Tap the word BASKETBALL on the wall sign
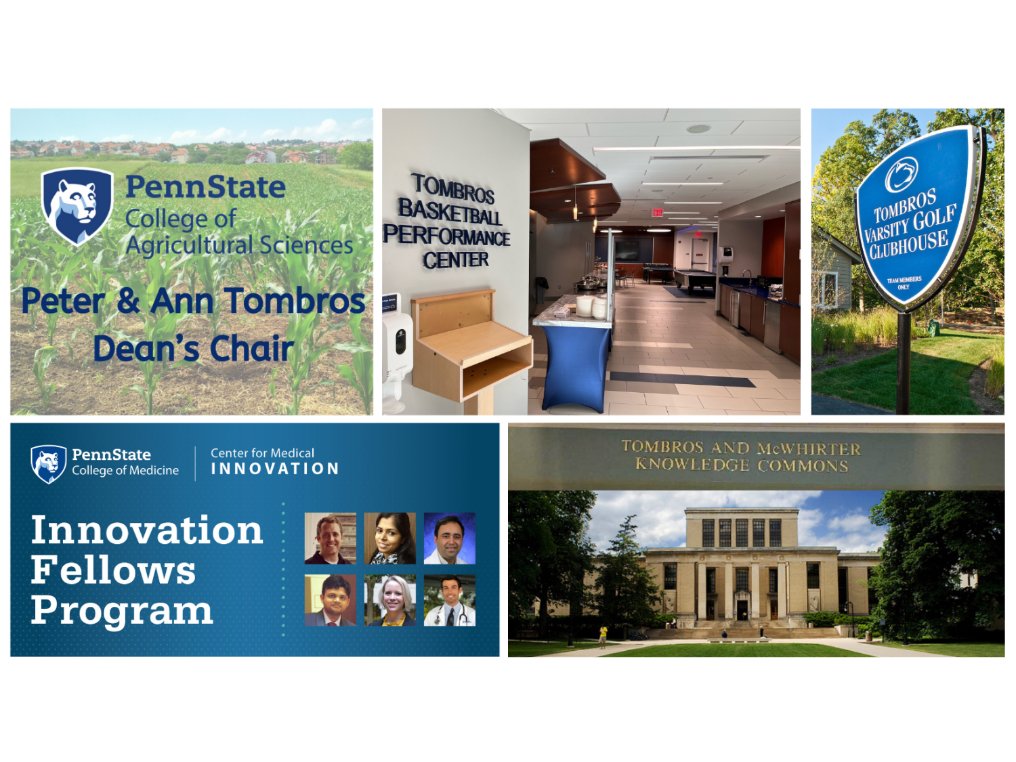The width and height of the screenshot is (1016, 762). click(x=450, y=212)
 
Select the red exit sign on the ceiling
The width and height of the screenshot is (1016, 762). click(x=657, y=213)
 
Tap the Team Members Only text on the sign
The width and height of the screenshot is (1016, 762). click(x=904, y=282)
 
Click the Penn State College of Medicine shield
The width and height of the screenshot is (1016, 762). click(x=48, y=464)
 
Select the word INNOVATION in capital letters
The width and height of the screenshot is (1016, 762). click(x=275, y=469)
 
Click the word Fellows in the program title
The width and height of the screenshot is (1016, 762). click(x=113, y=570)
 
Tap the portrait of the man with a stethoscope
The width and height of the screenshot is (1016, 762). click(x=450, y=600)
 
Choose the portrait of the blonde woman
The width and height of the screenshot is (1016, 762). click(x=389, y=600)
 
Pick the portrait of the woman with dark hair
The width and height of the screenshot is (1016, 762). click(x=389, y=538)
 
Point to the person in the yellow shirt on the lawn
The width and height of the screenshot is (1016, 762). click(x=603, y=637)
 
